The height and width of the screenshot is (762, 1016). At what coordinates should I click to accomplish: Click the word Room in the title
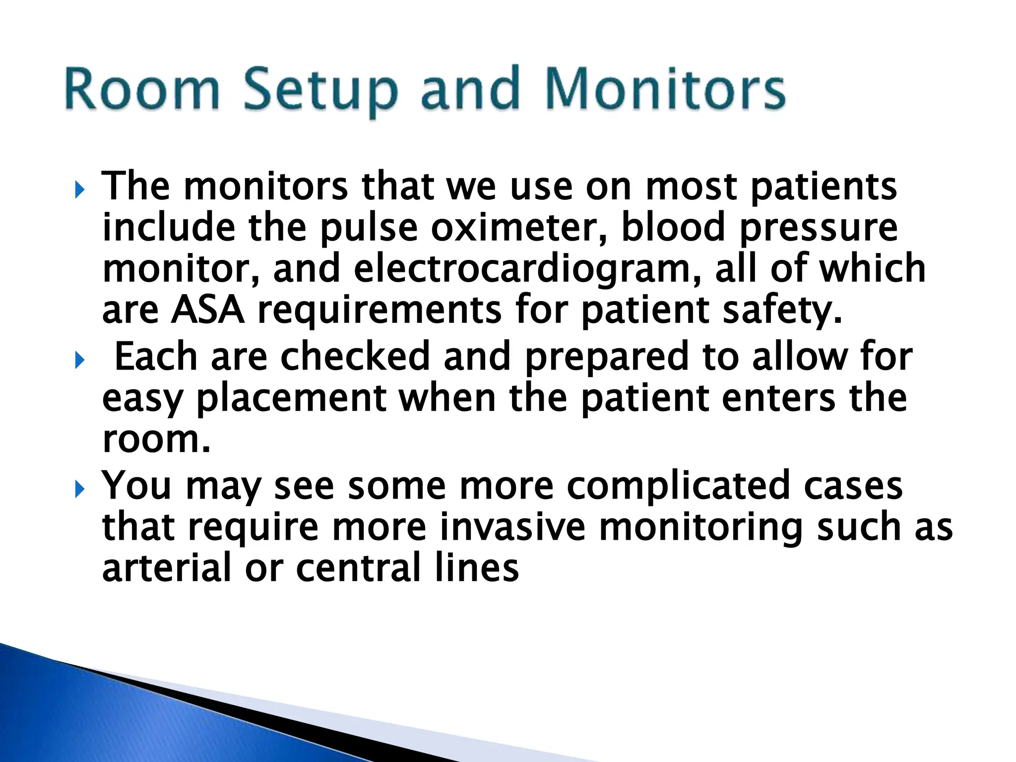(x=142, y=89)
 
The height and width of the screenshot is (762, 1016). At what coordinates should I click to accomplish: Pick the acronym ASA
(x=208, y=311)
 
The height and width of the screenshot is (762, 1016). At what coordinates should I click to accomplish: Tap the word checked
(x=355, y=357)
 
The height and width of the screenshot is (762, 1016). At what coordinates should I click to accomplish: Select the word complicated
(x=678, y=486)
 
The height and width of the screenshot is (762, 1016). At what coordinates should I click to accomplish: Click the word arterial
(x=167, y=569)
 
